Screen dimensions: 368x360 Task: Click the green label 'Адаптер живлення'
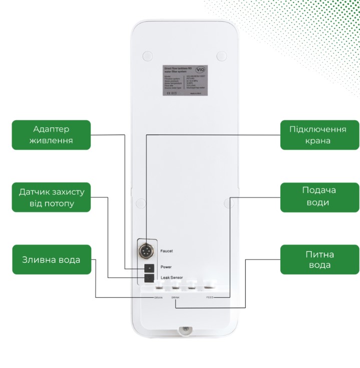pos(51,134)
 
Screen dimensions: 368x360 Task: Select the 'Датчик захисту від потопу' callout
pos(51,198)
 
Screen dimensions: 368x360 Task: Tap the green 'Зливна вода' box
pos(51,260)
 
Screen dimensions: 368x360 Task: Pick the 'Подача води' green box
pos(319,197)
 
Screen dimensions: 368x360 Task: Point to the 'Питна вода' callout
pos(319,260)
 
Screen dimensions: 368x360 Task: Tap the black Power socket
pos(148,268)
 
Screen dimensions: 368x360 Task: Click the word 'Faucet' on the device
pos(167,251)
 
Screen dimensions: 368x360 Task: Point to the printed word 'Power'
pos(166,267)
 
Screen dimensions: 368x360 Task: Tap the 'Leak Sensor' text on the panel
pos(172,277)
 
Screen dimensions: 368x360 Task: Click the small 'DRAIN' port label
pos(158,298)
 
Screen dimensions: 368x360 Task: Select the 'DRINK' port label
pos(175,298)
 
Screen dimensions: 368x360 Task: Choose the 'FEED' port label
pos(210,298)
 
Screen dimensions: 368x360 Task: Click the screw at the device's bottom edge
pos(184,330)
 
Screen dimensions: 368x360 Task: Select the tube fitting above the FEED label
pos(208,287)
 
